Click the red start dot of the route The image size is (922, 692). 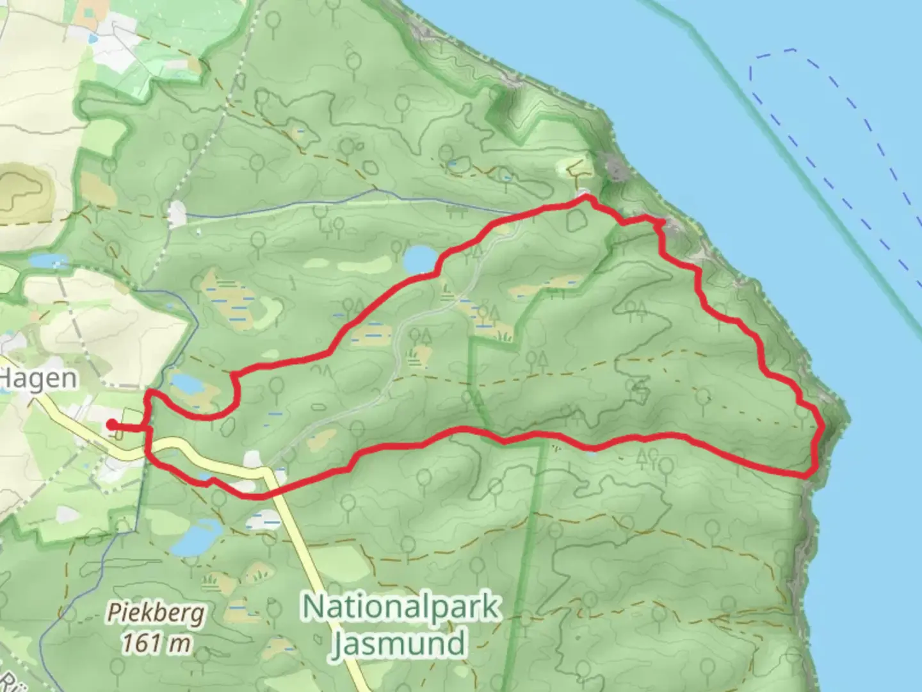point(111,424)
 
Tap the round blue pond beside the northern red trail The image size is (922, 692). point(420,260)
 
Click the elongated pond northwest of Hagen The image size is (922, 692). point(49,261)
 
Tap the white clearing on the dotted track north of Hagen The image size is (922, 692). point(177,214)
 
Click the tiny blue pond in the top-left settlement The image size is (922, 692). point(93,38)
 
